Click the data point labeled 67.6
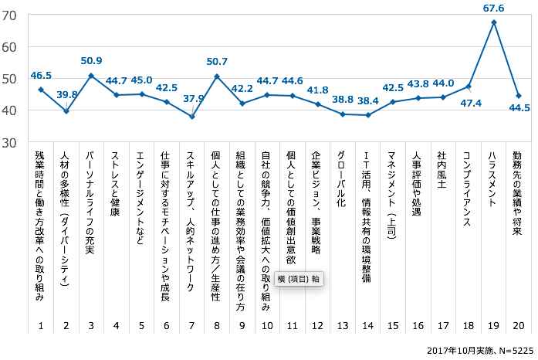(x=494, y=22)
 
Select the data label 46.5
(x=41, y=76)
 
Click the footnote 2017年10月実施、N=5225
(x=478, y=350)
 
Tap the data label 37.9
(x=195, y=98)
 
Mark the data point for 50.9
(x=91, y=76)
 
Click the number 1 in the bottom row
(x=41, y=326)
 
